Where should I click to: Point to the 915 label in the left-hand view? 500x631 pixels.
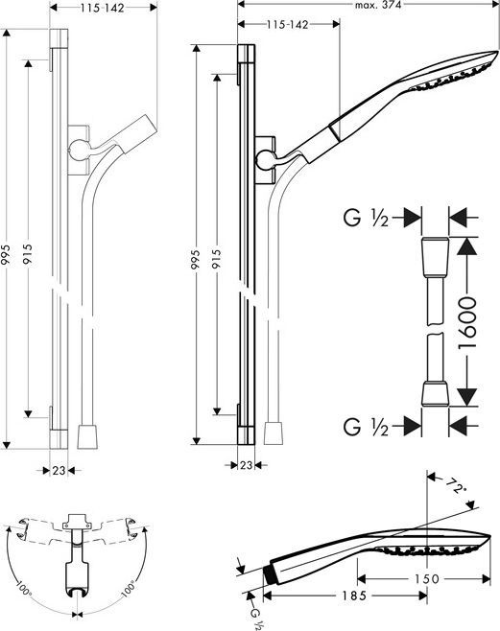tap(29, 252)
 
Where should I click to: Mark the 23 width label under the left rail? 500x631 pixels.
tap(59, 470)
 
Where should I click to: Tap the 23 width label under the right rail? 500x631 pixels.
tap(248, 464)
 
